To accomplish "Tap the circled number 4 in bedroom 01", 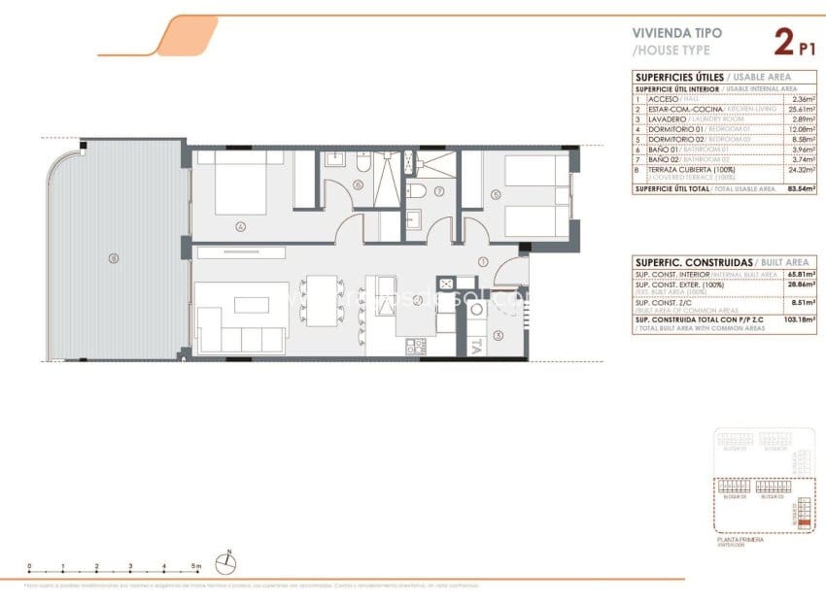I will tap(240, 227).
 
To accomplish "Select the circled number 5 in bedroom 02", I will tap(496, 194).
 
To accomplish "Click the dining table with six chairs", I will tap(322, 300).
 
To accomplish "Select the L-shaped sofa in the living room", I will tap(240, 318).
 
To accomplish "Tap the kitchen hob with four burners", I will tap(416, 344).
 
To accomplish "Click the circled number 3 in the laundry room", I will tap(498, 336).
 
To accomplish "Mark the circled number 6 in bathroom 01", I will tap(358, 185).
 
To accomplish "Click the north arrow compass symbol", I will tap(228, 561).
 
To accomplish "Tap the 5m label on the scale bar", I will tap(197, 566).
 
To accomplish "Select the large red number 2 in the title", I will tap(783, 42).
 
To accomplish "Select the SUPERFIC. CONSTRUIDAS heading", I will tap(679, 262).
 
